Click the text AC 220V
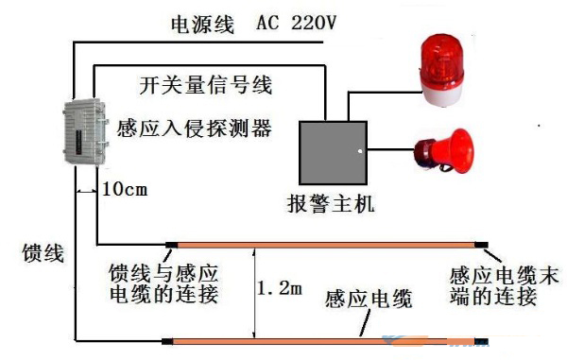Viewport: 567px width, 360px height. [x=295, y=24]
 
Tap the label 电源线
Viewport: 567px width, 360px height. [x=202, y=25]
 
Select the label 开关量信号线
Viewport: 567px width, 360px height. [x=205, y=86]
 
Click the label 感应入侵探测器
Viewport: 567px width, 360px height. [x=195, y=127]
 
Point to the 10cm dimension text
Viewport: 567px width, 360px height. [x=124, y=188]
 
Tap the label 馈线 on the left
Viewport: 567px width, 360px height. [x=43, y=252]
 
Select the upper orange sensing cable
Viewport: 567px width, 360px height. [x=326, y=245]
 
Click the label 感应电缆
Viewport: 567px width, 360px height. [x=369, y=300]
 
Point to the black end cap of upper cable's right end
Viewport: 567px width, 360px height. [x=483, y=246]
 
